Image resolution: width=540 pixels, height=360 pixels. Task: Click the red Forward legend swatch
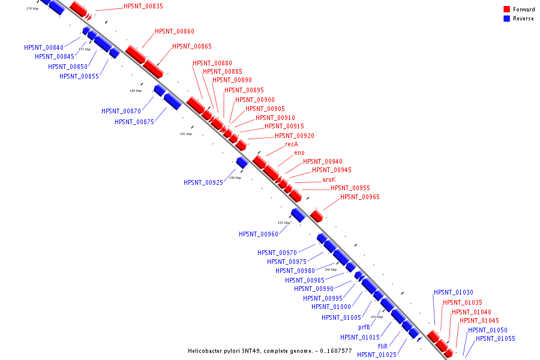coord(507,10)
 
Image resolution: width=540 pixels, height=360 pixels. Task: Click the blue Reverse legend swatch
coord(507,19)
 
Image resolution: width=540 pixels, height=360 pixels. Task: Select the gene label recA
coord(292,144)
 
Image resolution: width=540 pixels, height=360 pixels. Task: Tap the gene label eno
coord(299,152)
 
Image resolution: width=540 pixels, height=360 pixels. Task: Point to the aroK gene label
coord(329,179)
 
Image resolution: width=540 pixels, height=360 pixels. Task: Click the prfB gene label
coord(364,327)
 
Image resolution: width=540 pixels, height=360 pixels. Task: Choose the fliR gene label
coord(383,346)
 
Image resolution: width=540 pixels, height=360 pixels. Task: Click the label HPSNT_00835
coord(143,6)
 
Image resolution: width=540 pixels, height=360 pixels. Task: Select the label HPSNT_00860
coord(175,31)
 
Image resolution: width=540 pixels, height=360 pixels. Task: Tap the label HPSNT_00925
coord(203,182)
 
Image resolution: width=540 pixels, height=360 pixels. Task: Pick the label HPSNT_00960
coord(259,234)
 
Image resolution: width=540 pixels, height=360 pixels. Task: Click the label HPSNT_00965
coord(360,197)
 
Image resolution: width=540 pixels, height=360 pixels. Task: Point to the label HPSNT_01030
coord(454,292)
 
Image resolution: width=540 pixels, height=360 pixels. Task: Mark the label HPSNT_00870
coord(121,111)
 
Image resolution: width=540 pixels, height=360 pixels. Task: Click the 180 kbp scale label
coord(136,91)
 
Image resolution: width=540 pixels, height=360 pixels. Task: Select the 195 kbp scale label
coord(284,223)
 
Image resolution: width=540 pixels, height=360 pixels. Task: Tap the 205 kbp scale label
coord(376,317)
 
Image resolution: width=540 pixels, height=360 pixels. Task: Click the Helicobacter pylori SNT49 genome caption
coord(270,350)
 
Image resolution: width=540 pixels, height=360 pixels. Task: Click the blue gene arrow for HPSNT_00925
coord(242,162)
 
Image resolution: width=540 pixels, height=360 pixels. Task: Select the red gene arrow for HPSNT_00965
coord(317,215)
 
